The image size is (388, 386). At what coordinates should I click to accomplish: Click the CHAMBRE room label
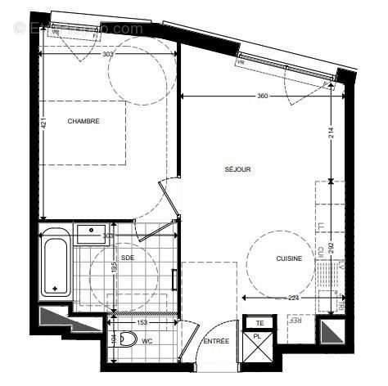(x=85, y=122)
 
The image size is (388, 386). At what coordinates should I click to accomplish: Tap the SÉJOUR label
(x=237, y=170)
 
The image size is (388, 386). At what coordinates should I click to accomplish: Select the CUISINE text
(x=289, y=259)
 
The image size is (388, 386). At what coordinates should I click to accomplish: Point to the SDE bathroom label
(x=128, y=258)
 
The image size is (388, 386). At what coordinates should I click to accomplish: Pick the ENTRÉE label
(x=216, y=340)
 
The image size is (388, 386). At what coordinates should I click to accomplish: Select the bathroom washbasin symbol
(x=90, y=232)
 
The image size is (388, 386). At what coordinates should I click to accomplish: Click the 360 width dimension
(x=262, y=96)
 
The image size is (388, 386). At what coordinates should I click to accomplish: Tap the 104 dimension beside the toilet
(x=113, y=341)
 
